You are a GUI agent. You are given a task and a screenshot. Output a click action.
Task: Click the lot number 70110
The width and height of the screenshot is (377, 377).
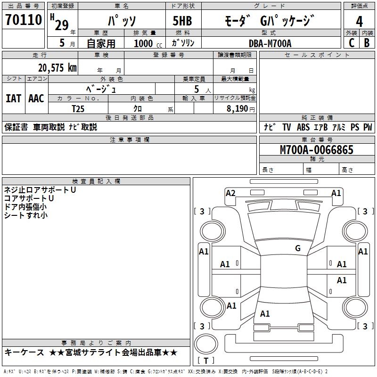pyautogui.click(x=24, y=20)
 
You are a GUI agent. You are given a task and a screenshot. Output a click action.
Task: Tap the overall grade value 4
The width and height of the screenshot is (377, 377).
pyautogui.click(x=360, y=21)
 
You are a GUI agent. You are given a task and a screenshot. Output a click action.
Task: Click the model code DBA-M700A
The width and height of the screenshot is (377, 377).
pyautogui.click(x=270, y=43)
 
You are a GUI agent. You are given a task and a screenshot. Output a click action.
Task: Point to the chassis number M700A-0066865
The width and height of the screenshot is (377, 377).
pyautogui.click(x=317, y=150)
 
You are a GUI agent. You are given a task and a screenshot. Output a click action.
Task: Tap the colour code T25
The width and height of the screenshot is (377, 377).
pyautogui.click(x=78, y=108)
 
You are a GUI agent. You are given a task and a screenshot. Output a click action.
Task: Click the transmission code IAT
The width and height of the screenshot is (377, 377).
pyautogui.click(x=13, y=98)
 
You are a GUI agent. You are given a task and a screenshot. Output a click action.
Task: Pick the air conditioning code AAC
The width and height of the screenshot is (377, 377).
pyautogui.click(x=36, y=98)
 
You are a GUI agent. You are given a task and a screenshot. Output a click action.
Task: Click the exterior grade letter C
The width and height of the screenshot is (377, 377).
pyautogui.click(x=351, y=43)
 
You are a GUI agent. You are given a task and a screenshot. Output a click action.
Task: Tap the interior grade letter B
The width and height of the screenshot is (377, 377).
pyautogui.click(x=367, y=43)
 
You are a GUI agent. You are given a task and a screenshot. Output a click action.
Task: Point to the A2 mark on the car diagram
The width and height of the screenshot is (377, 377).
pyautogui.click(x=230, y=193)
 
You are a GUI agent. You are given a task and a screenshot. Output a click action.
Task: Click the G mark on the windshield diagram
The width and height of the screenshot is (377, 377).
pyautogui.click(x=298, y=248)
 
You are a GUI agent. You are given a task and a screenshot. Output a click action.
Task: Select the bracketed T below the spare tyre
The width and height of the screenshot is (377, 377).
pyautogui.click(x=206, y=361)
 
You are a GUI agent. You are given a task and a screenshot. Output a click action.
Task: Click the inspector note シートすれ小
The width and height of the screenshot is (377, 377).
pyautogui.click(x=26, y=215)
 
